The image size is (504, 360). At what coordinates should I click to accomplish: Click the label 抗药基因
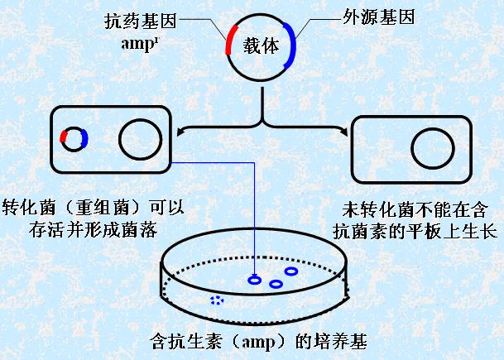pos(141,22)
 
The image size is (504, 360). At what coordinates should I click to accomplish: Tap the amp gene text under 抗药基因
pos(140,43)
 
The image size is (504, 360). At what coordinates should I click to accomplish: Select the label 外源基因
pos(378,17)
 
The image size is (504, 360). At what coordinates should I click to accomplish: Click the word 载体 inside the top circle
pos(261,46)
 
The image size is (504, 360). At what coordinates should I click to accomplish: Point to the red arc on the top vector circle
pos(230,39)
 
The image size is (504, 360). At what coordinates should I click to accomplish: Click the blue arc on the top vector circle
pos(291,45)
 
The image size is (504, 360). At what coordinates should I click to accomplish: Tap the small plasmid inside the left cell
pos(74,139)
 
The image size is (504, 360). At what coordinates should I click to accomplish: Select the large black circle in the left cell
pos(119,140)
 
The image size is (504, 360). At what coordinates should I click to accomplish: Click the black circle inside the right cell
pos(412,148)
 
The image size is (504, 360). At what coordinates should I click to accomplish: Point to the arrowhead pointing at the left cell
pos(180,131)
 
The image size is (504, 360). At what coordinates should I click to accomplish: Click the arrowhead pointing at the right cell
pos(344,131)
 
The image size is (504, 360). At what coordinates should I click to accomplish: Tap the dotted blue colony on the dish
pos(217,300)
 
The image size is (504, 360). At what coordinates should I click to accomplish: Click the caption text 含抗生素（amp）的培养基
pos(258,341)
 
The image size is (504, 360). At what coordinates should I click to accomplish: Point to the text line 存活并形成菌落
pos(94,230)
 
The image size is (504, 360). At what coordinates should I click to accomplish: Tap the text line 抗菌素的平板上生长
pos(415,232)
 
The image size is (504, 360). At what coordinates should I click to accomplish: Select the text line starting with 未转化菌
pos(415,209)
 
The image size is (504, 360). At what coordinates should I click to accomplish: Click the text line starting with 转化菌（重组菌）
pos(93,208)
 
